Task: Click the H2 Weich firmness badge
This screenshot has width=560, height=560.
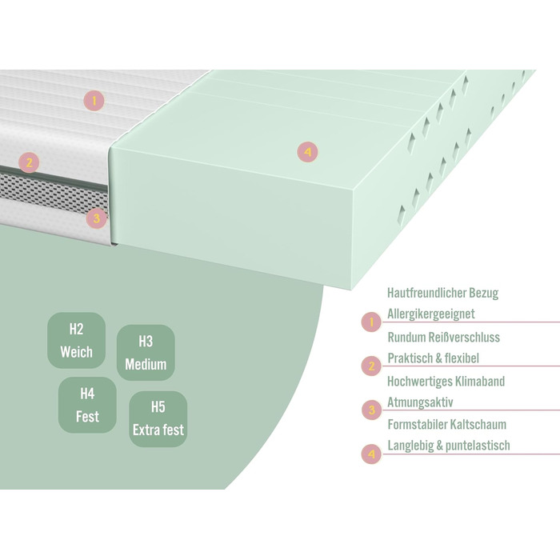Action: click(x=76, y=340)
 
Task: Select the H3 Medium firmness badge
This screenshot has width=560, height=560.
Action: click(x=146, y=353)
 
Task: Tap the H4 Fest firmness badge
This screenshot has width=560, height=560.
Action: click(x=87, y=405)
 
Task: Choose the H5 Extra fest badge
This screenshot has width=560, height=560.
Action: click(x=158, y=418)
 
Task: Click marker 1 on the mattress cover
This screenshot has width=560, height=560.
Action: click(x=94, y=101)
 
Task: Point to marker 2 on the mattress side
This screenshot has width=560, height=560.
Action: click(x=29, y=163)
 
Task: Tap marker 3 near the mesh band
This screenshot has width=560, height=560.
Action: click(x=96, y=217)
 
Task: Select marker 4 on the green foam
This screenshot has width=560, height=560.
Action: click(x=307, y=150)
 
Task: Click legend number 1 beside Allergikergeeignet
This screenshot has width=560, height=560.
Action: click(x=371, y=322)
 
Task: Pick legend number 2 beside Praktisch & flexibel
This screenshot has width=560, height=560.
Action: click(x=371, y=366)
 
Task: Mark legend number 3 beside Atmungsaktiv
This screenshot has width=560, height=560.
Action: click(x=371, y=410)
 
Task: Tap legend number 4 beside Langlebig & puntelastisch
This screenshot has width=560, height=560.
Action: click(x=371, y=454)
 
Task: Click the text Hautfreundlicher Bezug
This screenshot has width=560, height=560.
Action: click(x=442, y=294)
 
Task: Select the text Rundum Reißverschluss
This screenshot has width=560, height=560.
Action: click(x=443, y=338)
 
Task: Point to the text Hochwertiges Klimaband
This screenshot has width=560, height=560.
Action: click(x=446, y=382)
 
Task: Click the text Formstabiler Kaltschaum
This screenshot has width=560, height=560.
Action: click(x=446, y=425)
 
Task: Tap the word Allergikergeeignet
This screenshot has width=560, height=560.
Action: click(x=430, y=314)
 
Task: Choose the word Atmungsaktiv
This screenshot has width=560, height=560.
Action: click(x=421, y=402)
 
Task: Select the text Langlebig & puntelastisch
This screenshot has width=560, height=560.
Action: click(x=448, y=446)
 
